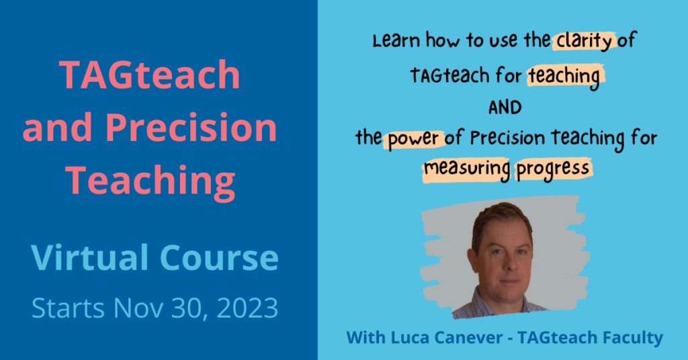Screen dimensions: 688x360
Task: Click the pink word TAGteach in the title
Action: click(x=150, y=75)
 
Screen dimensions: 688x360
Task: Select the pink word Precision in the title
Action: click(x=191, y=128)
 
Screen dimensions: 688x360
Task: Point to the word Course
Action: click(x=219, y=258)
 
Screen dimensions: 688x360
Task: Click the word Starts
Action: click(x=68, y=308)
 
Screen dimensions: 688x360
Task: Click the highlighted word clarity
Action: click(x=585, y=41)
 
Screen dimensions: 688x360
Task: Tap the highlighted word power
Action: click(x=413, y=139)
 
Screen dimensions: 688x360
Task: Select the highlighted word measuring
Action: click(x=467, y=169)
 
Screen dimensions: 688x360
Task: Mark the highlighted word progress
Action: click(x=552, y=169)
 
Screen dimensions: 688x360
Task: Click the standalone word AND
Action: click(x=505, y=107)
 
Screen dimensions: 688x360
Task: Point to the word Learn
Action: click(x=396, y=41)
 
